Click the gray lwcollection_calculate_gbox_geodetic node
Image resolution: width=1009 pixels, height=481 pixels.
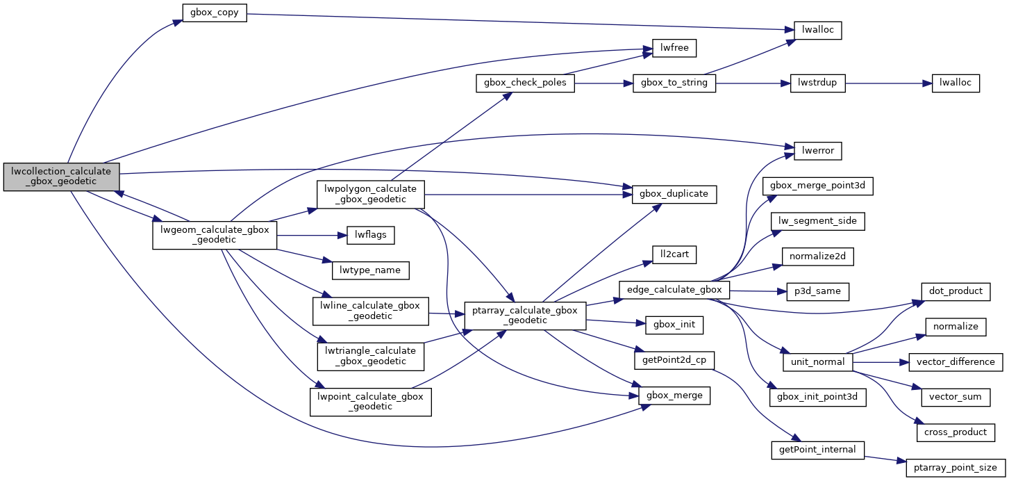coord(61,177)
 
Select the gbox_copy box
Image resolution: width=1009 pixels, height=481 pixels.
coord(215,13)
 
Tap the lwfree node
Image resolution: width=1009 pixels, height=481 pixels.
coord(674,48)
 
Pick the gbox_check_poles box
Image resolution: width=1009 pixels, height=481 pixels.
coord(525,83)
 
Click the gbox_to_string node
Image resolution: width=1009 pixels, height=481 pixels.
coord(674,83)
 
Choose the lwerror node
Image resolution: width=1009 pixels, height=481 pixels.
coord(812,149)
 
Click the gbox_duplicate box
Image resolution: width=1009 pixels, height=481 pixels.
coord(674,194)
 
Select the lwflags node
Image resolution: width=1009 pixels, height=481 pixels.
coord(371,236)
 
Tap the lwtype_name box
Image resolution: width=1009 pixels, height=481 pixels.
coord(371,270)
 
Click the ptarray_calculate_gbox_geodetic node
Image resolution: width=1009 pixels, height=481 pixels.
coord(526,316)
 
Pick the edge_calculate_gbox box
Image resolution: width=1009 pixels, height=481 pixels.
coord(674,290)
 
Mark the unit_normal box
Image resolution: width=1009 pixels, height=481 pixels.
coord(818,362)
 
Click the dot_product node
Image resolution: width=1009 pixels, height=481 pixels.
coord(956,291)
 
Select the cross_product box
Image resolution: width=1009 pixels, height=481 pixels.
coord(956,432)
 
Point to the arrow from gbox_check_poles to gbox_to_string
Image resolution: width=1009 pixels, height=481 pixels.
coord(603,83)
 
